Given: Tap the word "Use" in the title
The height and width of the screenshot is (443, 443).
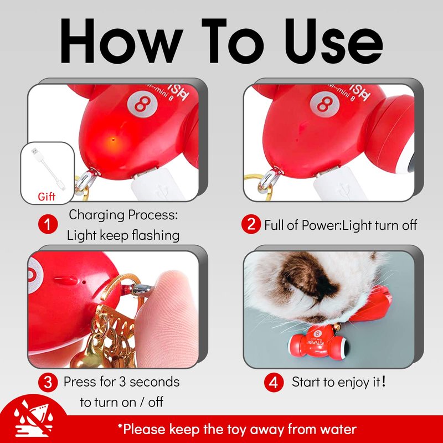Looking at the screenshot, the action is [x=334, y=40].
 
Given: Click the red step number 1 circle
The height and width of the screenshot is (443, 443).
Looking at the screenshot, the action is [x=48, y=224].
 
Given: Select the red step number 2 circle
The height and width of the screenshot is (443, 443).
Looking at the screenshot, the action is [x=251, y=224].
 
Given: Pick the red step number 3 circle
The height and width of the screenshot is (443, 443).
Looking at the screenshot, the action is [x=48, y=382].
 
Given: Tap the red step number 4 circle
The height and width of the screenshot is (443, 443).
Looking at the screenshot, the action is [x=274, y=382].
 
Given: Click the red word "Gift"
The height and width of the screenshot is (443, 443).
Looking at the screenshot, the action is [x=47, y=197].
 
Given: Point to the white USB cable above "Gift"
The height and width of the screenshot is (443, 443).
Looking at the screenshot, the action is [x=48, y=169].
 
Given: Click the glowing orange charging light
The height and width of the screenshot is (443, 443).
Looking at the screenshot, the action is [x=113, y=140].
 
